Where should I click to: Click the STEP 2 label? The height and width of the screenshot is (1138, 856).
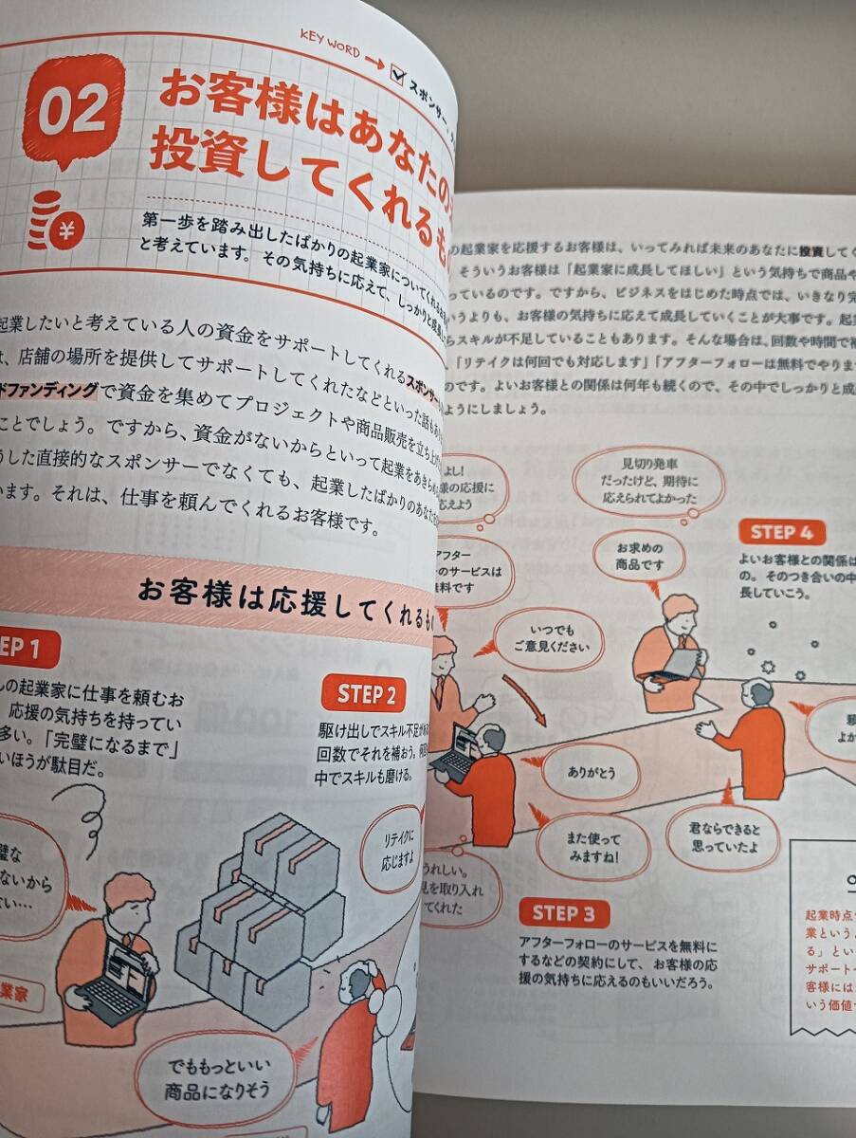coord(365,694)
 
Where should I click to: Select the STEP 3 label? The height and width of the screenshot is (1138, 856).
coord(564,913)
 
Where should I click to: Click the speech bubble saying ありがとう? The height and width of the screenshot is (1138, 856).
coord(592,772)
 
